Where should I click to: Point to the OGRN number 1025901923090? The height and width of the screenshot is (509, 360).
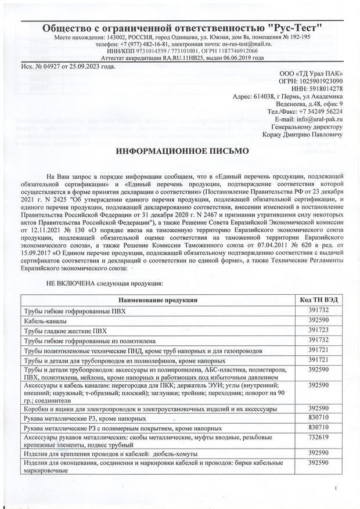(318, 82)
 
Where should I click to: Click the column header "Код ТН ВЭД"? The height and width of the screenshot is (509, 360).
(319, 299)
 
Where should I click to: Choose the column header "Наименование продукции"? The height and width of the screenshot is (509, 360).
(159, 300)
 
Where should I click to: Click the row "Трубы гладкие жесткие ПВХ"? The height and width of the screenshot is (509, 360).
(66, 330)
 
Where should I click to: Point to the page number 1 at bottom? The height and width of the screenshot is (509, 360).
(336, 489)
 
